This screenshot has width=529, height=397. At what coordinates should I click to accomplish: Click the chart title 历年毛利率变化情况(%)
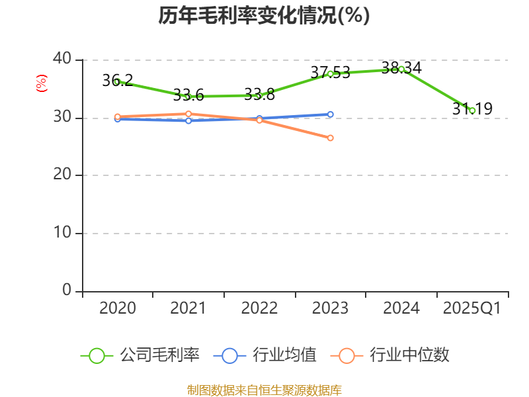coord(264,15)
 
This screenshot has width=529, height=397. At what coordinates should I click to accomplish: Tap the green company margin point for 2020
coord(117,82)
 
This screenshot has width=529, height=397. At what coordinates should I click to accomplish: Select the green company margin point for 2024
coord(401,69)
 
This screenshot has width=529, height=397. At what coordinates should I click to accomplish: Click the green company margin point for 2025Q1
coord(472,110)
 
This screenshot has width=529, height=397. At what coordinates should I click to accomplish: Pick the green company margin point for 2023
coord(331,73)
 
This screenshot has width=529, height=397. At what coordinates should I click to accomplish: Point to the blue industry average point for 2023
coord(331,114)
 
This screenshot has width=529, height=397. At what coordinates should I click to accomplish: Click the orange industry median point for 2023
coord(331,138)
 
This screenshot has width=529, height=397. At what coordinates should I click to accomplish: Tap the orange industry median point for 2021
coord(188,114)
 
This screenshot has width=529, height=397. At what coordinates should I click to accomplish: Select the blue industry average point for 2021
coord(188,120)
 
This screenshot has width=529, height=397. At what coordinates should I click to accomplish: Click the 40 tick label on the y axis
coord(62,60)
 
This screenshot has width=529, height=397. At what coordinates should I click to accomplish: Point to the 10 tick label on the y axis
coord(62,233)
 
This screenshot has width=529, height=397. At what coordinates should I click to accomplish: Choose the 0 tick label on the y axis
coord(67,290)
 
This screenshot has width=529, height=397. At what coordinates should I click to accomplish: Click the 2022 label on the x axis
coord(259,308)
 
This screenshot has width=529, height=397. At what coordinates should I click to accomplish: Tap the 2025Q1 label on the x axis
coord(472,308)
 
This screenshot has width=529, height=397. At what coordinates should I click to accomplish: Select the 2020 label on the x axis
coord(118,308)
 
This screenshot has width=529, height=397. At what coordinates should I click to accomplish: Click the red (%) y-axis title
coord(42,83)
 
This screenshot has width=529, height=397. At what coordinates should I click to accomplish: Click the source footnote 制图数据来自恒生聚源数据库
coord(264,390)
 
